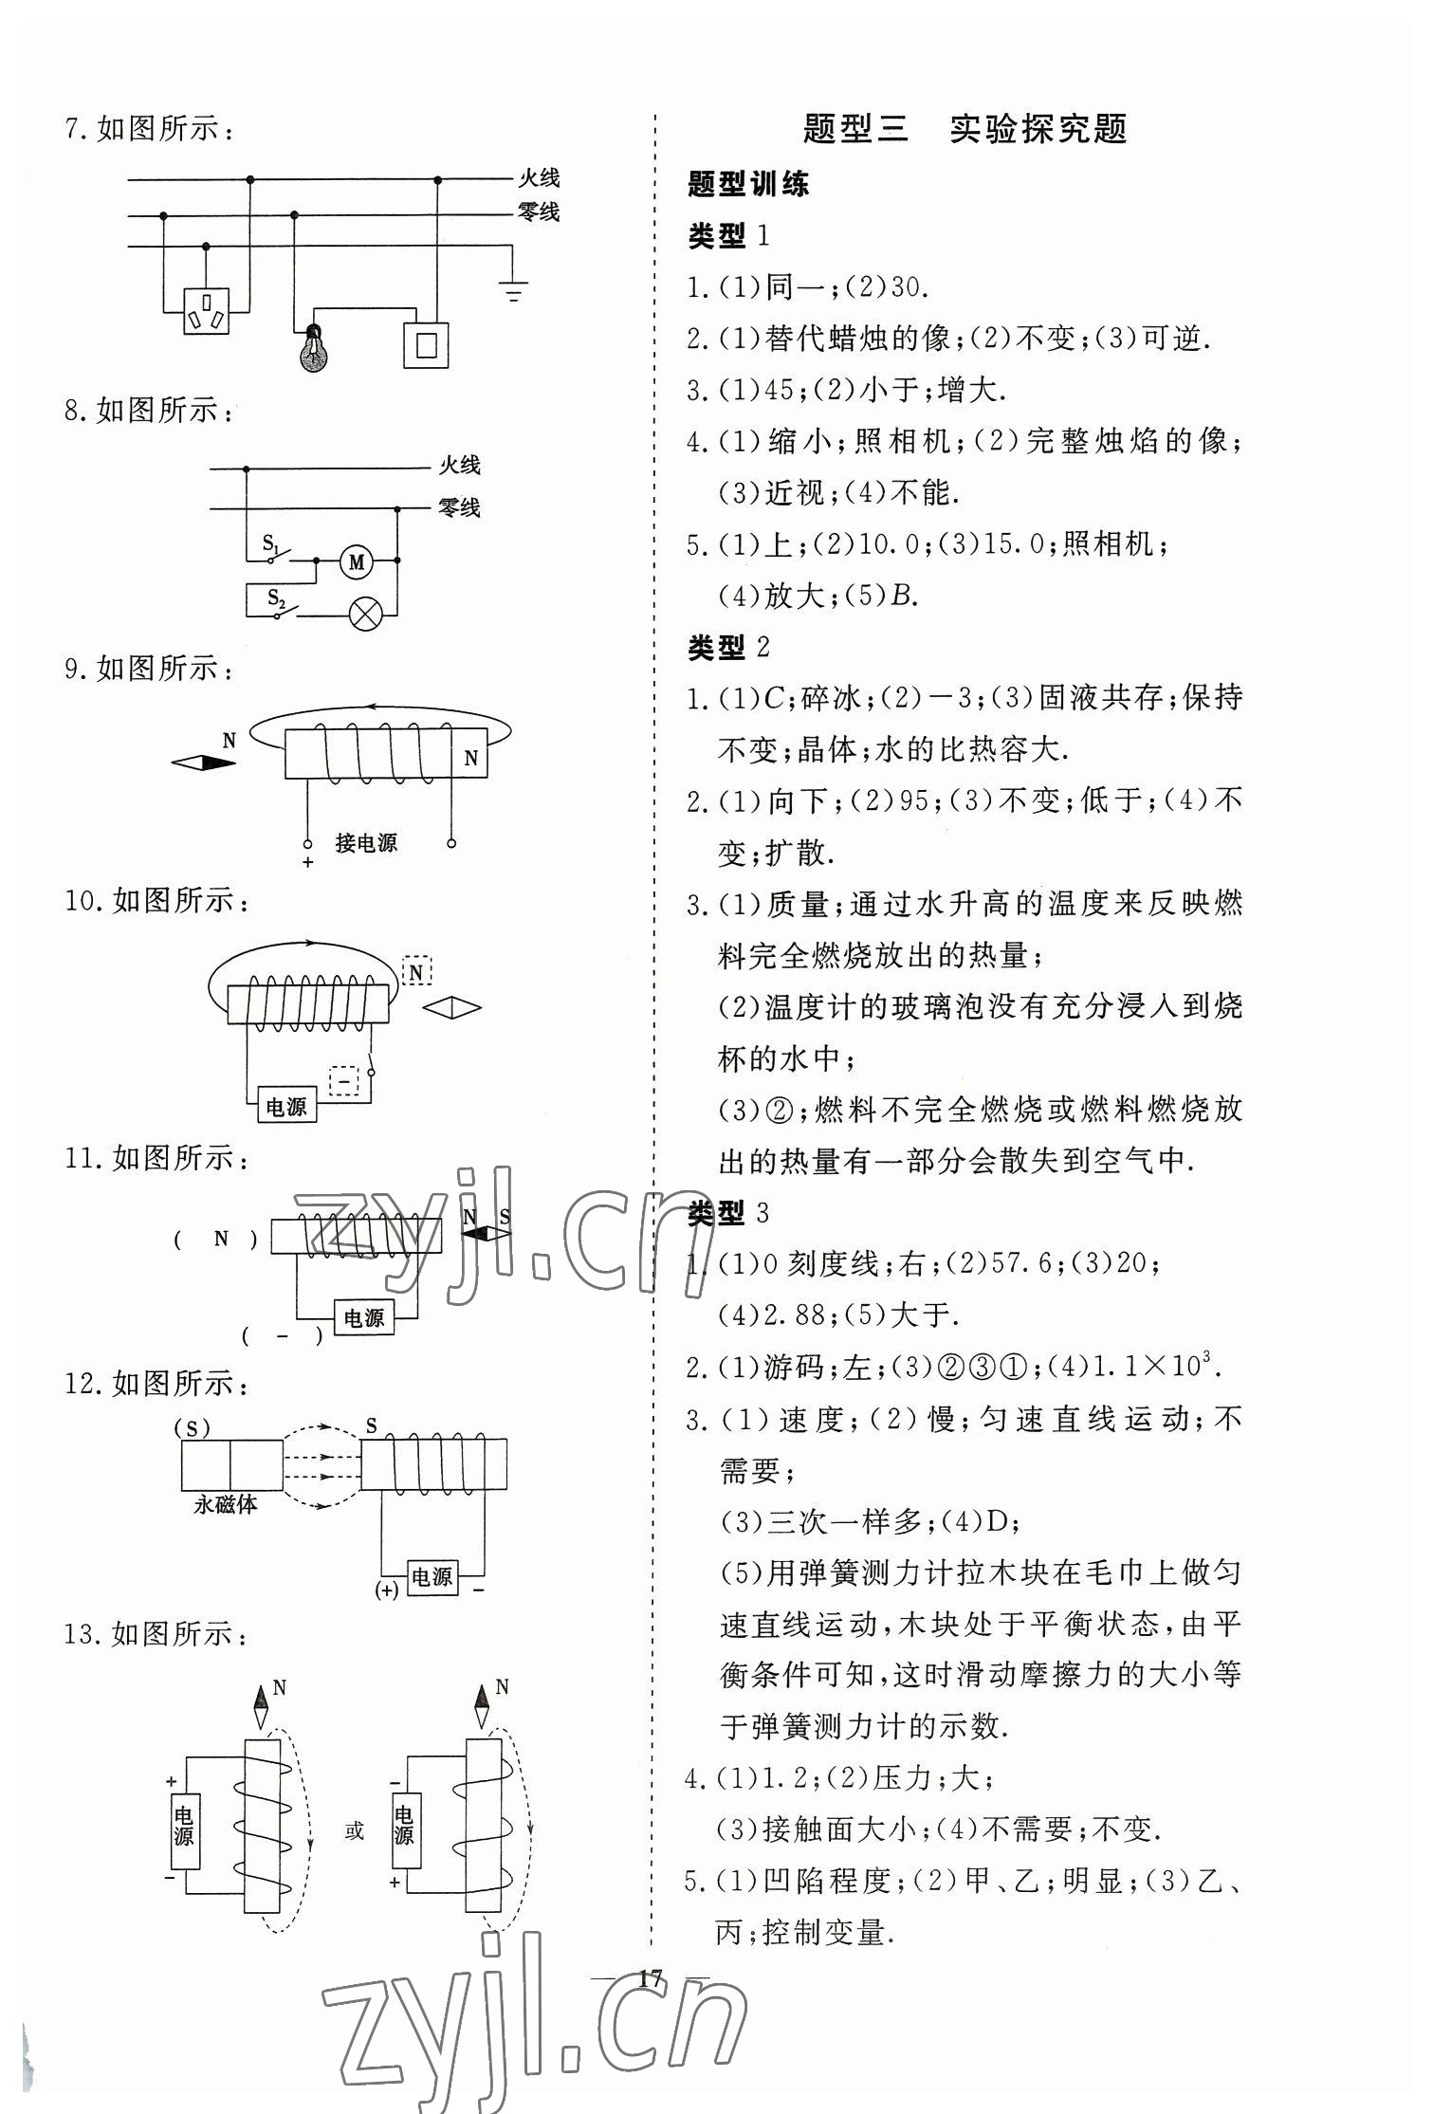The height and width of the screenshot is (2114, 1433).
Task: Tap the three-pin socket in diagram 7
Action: tap(206, 309)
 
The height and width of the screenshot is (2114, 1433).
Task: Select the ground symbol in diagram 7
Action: tap(514, 291)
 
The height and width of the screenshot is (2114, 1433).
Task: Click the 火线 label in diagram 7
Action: tap(538, 177)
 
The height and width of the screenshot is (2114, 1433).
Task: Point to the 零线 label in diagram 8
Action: tap(459, 507)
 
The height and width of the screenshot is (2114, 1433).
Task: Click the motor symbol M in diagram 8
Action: tap(357, 562)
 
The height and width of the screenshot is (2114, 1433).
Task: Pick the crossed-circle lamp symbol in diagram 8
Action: tap(365, 614)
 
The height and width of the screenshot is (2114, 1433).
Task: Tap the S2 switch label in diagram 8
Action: tap(276, 597)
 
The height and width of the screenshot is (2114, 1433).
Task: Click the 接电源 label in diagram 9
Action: tap(366, 842)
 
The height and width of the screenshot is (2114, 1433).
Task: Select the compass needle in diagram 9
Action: tap(203, 763)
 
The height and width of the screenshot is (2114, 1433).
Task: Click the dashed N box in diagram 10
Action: tap(417, 971)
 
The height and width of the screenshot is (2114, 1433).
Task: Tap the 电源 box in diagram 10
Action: tap(286, 1106)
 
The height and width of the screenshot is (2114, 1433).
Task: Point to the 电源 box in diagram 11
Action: tap(363, 1317)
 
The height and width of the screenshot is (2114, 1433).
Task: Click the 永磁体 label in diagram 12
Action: tap(226, 1504)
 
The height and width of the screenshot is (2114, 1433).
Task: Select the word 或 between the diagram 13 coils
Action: tap(354, 1830)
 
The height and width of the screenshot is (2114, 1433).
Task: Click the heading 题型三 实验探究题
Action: tap(964, 129)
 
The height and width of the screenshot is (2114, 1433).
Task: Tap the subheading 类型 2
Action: tap(728, 648)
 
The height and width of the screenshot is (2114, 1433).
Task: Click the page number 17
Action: tap(651, 1978)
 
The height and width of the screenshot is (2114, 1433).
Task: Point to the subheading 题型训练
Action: tap(748, 184)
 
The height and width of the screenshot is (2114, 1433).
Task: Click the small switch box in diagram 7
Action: tap(426, 344)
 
